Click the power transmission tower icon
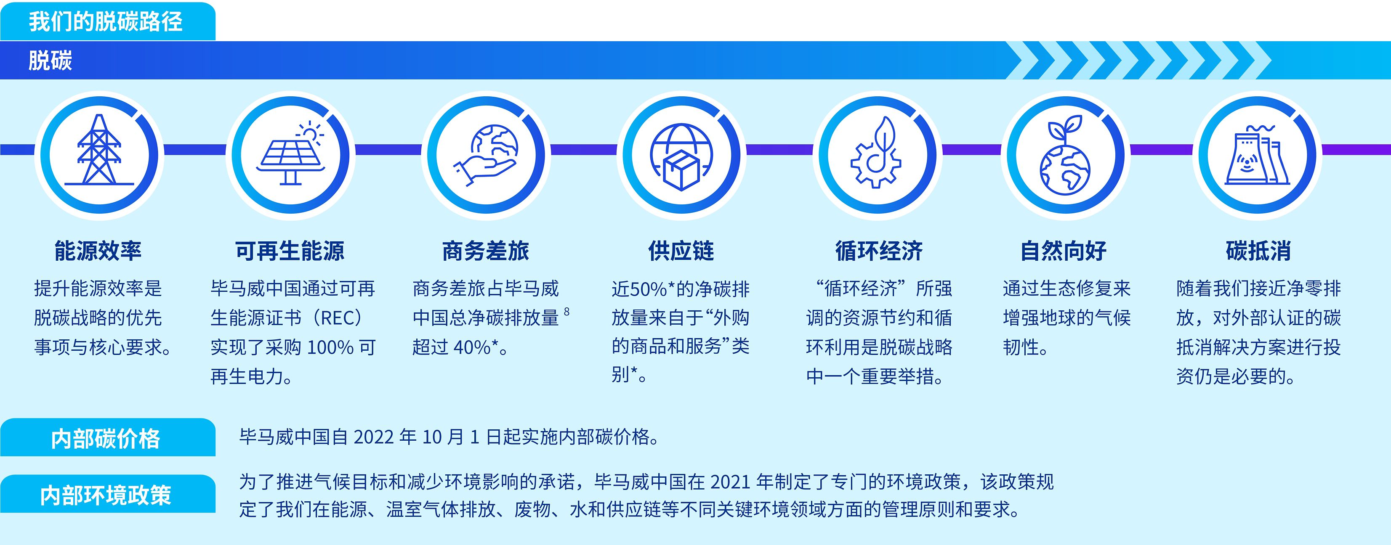tap(99, 150)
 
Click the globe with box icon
tap(681, 156)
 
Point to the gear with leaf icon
tap(876, 152)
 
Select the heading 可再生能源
tap(290, 251)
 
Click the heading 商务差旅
tap(485, 251)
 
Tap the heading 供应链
tap(681, 251)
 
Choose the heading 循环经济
tap(879, 251)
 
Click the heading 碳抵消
tap(1258, 251)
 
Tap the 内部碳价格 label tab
tap(107, 438)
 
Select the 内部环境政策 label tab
tap(107, 494)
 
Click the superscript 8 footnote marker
tap(567, 311)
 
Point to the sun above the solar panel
tap(309, 132)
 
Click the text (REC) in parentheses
tap(335, 318)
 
